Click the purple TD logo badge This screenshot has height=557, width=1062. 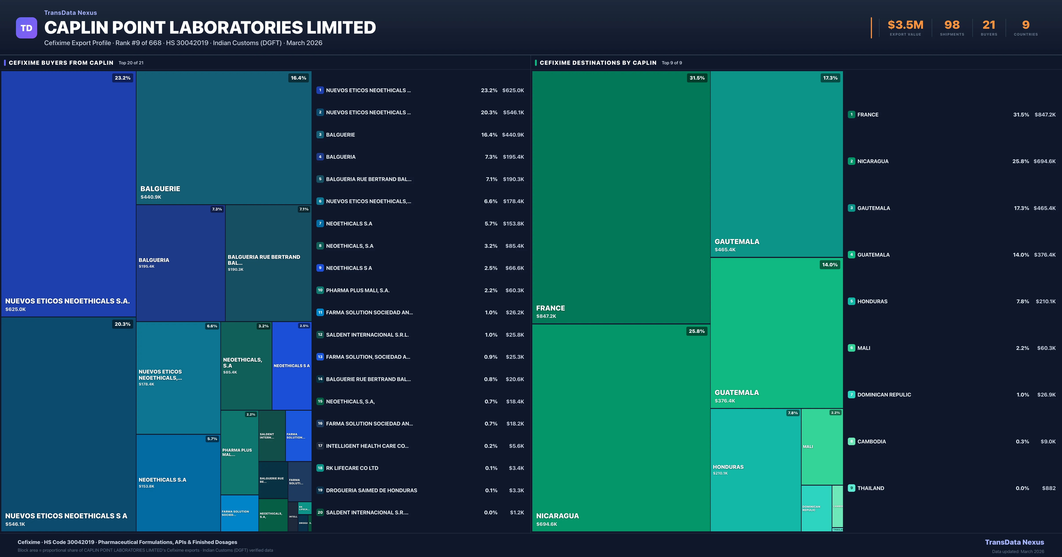(26, 28)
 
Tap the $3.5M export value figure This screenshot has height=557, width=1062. (905, 25)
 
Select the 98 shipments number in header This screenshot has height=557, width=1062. (952, 25)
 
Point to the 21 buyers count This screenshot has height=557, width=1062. (989, 25)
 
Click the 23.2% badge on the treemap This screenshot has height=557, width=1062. (122, 78)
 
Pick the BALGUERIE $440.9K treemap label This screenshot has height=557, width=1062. (160, 192)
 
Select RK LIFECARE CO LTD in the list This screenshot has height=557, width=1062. (352, 468)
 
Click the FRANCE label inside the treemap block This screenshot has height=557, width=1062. (550, 308)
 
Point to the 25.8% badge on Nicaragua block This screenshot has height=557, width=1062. (696, 331)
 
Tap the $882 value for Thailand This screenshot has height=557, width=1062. (1049, 488)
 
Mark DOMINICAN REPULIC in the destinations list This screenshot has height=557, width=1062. (884, 395)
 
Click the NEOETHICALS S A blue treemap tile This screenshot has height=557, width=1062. (291, 366)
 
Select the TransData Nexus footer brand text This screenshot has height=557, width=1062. (1014, 542)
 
